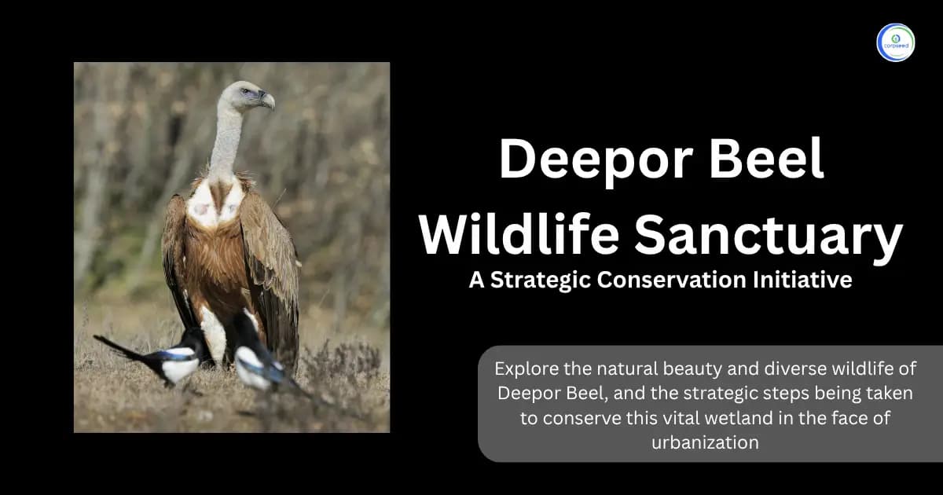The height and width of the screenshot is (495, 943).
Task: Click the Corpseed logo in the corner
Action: click(896, 42)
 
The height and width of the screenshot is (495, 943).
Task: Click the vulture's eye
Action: click(249, 92)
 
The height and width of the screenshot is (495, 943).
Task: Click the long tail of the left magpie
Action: click(118, 346)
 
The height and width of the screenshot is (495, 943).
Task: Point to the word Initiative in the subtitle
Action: click(813, 280)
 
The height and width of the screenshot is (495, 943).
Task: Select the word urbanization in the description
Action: click(705, 442)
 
